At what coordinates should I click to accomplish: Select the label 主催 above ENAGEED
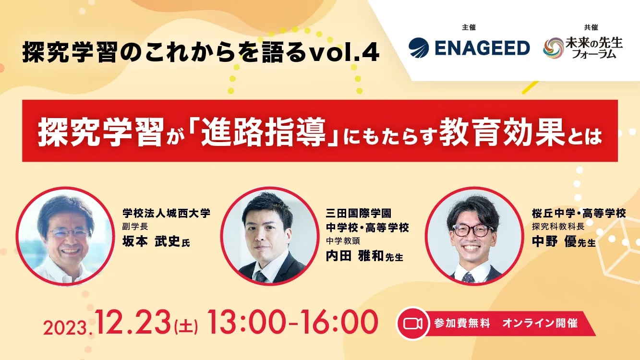[x=469, y=27]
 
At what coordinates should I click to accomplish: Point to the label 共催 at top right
[x=591, y=27]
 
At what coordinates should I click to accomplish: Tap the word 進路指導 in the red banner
[x=263, y=132]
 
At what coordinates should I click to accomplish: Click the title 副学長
[x=135, y=227]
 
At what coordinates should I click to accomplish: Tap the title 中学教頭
[x=343, y=241]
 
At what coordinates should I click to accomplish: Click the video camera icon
[x=412, y=324]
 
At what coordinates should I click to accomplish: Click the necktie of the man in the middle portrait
[x=260, y=276]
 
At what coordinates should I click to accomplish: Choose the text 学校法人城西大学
[x=166, y=213]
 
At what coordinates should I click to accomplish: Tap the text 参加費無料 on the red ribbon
[x=462, y=324]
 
